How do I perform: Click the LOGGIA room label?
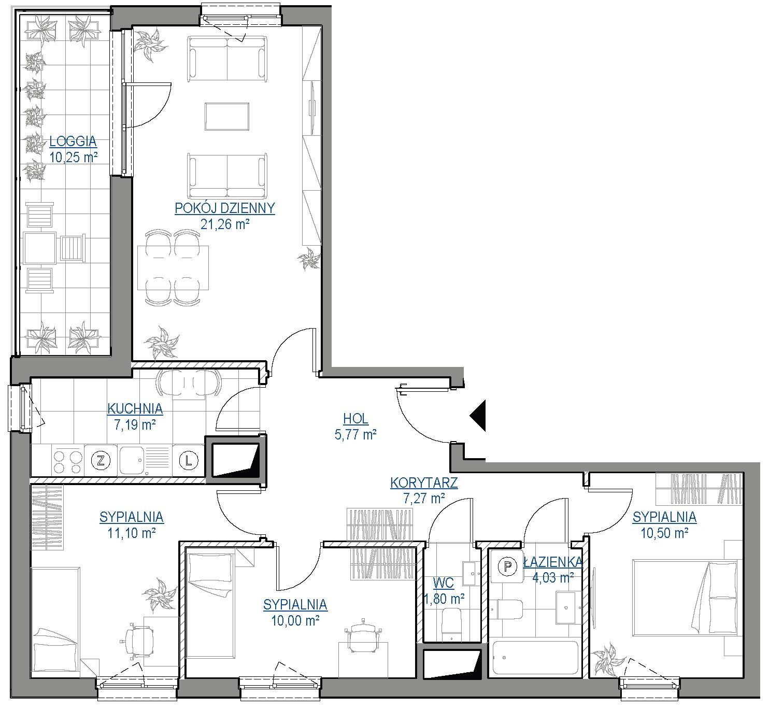(x=73, y=141)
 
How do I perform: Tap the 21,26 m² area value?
(x=224, y=224)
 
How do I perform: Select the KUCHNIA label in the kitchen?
(x=135, y=409)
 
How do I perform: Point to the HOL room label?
(x=355, y=419)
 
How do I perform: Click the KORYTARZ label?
(x=424, y=483)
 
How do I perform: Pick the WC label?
(x=444, y=583)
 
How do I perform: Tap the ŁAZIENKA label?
(x=553, y=562)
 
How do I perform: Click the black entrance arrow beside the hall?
(x=478, y=416)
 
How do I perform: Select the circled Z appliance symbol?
(x=101, y=461)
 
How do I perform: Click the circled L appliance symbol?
(x=189, y=461)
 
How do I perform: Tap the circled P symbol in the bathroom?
(x=508, y=567)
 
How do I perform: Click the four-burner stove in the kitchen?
(x=67, y=461)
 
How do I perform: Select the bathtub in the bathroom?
(x=535, y=658)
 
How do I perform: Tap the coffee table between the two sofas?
(x=227, y=117)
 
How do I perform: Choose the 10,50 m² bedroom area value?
(x=664, y=533)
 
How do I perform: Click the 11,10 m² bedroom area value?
(x=132, y=533)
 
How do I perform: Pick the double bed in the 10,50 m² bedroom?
(x=685, y=598)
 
